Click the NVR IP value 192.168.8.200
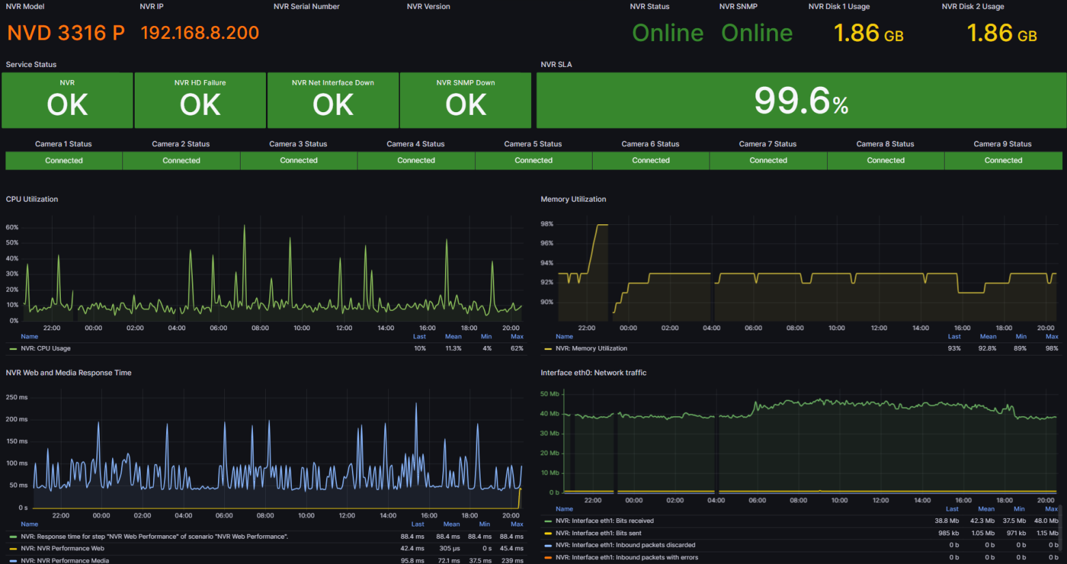200,33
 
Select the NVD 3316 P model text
66,33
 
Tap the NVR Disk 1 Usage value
868,33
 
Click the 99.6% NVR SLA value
801,101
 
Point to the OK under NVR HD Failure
200,105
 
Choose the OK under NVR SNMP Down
465,105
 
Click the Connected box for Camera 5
533,161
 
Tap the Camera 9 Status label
1002,144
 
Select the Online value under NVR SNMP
757,33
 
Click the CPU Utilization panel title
32,200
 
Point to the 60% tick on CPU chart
12,228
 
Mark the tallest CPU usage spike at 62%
245,226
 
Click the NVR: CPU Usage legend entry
46,349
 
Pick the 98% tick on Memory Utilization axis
547,224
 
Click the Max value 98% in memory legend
1051,349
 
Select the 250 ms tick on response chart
17,397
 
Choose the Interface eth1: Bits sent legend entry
598,533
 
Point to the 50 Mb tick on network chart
550,394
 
